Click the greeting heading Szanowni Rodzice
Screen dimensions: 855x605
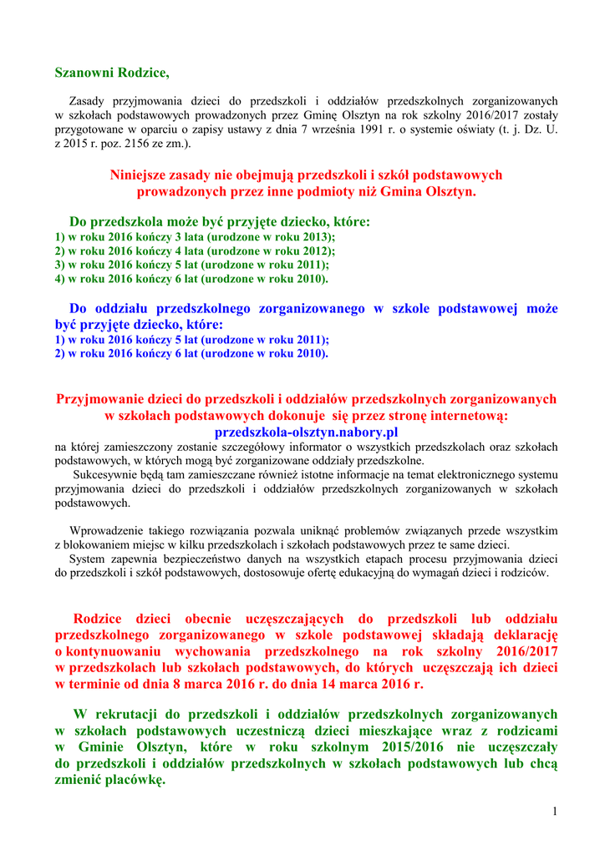[112, 73]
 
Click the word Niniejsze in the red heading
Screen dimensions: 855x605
[138, 175]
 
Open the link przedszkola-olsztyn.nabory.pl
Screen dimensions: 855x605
[306, 432]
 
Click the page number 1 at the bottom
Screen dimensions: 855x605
[554, 812]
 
